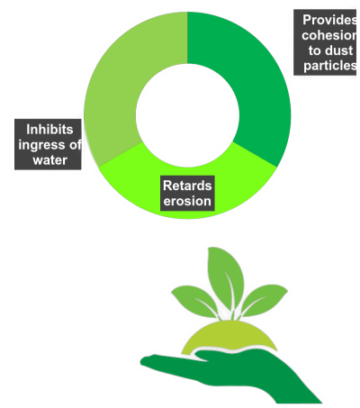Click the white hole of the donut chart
tap(187, 115)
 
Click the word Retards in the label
tap(187, 186)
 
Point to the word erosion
tap(187, 201)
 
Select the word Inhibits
tap(49, 130)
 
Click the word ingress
tap(41, 145)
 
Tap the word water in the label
tap(50, 160)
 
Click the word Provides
tap(329, 20)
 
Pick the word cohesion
tap(329, 35)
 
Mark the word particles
tap(330, 66)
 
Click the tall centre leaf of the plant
tap(226, 277)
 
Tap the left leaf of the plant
tap(195, 300)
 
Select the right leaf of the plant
tap(264, 300)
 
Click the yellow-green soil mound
tap(229, 335)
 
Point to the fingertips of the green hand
tap(147, 361)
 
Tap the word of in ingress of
tap(75, 145)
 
